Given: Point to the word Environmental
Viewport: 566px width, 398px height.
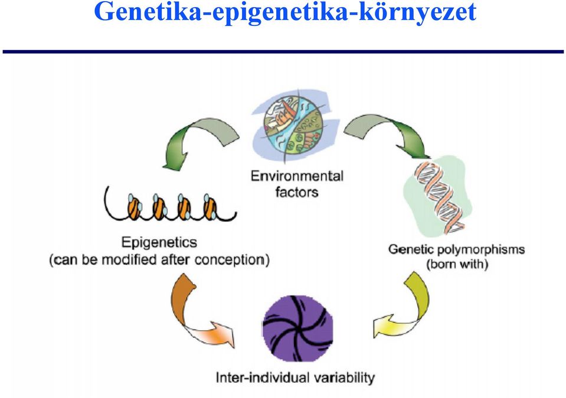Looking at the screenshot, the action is point(297,176).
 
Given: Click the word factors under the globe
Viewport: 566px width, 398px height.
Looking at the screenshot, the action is point(297,192).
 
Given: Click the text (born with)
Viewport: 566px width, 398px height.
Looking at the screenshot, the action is point(457,265).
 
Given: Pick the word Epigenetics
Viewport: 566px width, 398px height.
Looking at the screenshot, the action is point(159,242).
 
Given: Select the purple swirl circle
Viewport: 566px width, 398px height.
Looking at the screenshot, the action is point(298,328).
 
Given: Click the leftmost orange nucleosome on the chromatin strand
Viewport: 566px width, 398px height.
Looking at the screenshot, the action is point(134,208).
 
